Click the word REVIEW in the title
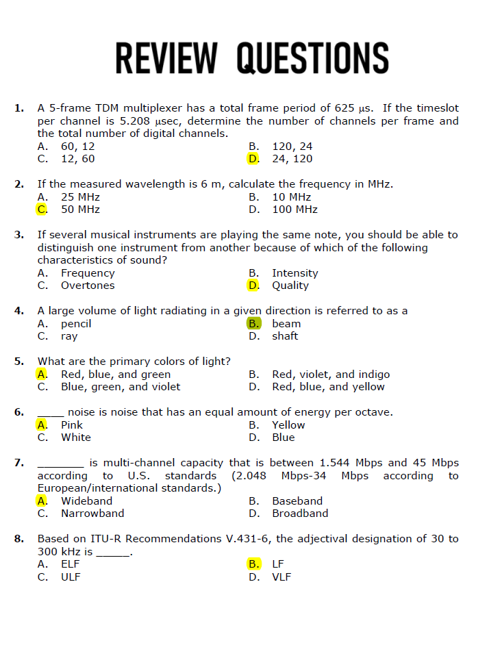pyautogui.click(x=166, y=58)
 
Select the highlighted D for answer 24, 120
pyautogui.click(x=253, y=159)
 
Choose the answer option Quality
pyautogui.click(x=290, y=286)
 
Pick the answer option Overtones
pyautogui.click(x=88, y=286)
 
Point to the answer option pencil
pyautogui.click(x=76, y=324)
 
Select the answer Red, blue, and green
pyautogui.click(x=116, y=375)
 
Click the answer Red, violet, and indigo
pyautogui.click(x=331, y=375)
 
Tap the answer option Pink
pyautogui.click(x=72, y=425)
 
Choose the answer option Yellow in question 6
pyautogui.click(x=288, y=425)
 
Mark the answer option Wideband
pyautogui.click(x=86, y=501)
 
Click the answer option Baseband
pyautogui.click(x=297, y=501)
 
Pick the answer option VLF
pyautogui.click(x=281, y=577)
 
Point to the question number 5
pyautogui.click(x=18, y=362)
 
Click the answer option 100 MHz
pyautogui.click(x=294, y=210)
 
